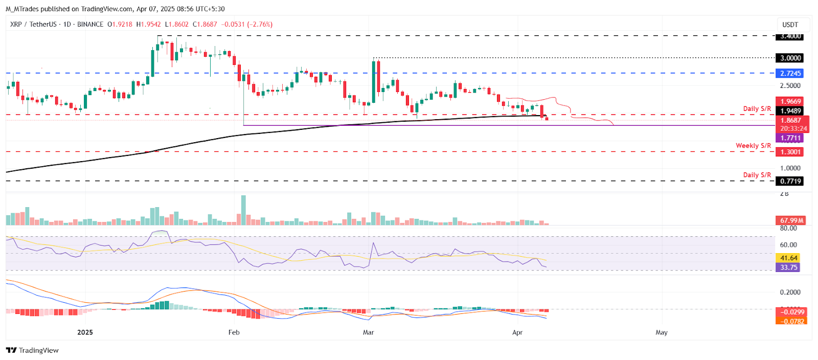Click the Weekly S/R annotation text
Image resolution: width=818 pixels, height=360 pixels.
tap(753, 146)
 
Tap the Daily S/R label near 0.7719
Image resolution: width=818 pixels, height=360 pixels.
tap(757, 175)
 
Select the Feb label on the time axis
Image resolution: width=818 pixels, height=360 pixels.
tap(234, 332)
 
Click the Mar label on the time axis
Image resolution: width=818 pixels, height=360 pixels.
tap(368, 332)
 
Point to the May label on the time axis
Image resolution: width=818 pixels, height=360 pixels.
tap(662, 332)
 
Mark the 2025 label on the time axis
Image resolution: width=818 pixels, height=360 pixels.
tap(85, 332)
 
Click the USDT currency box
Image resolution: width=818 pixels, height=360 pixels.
tap(790, 25)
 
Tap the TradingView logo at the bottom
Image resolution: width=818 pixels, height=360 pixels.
tap(32, 350)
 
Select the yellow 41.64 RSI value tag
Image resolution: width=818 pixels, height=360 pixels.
tap(788, 258)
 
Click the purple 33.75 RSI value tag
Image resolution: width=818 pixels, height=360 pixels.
tap(788, 267)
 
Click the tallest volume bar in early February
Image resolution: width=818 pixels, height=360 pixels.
tap(243, 210)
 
